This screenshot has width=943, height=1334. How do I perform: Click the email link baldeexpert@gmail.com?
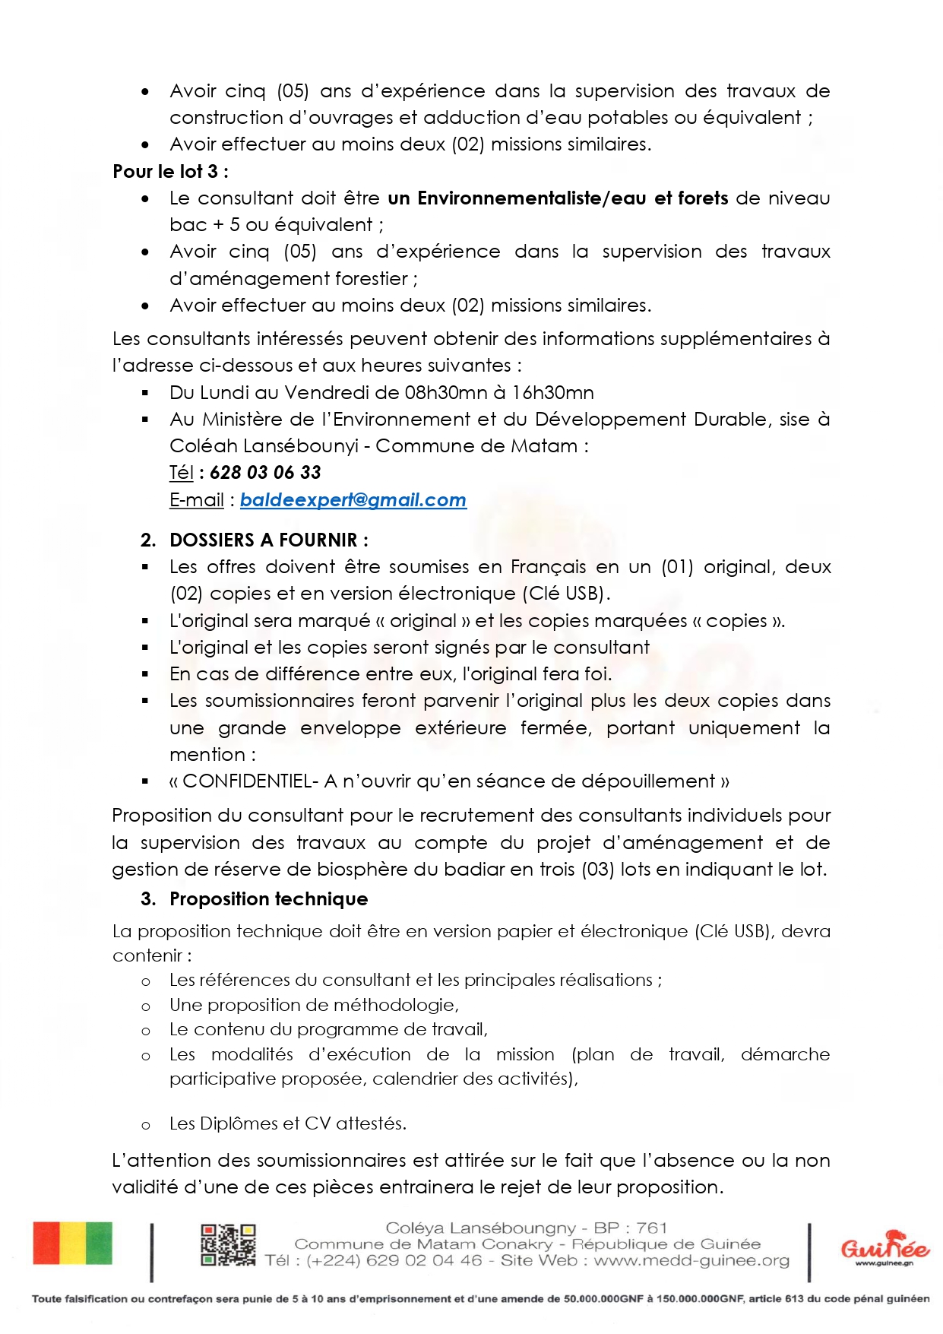tap(353, 500)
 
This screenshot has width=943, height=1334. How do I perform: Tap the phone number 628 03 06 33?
tap(265, 473)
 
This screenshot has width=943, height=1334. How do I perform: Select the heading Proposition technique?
tap(268, 899)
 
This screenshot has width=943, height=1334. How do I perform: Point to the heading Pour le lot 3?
tap(170, 172)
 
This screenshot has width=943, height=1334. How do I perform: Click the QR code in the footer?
tap(228, 1245)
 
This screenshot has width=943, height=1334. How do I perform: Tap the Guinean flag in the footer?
tap(72, 1244)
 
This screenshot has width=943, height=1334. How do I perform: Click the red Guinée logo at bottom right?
tap(884, 1247)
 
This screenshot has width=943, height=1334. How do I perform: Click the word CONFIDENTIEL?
tap(247, 781)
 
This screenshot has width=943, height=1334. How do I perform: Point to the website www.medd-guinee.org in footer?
tap(691, 1261)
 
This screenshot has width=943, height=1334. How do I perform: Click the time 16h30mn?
tap(553, 393)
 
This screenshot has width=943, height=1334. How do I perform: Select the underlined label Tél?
tap(181, 473)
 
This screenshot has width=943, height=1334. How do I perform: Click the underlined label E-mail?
tap(196, 500)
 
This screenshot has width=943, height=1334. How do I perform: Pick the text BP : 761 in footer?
tap(630, 1228)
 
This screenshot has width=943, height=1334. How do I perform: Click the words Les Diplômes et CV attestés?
tap(287, 1123)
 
